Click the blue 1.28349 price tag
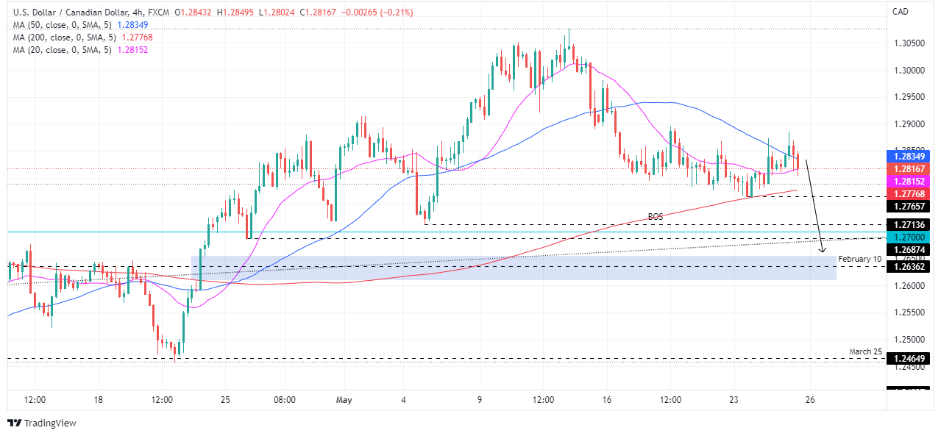point(911,156)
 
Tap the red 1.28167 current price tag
point(911,168)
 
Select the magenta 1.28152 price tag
point(911,181)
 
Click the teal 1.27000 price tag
point(911,237)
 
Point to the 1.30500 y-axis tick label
point(909,43)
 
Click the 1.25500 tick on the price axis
point(909,312)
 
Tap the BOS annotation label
point(656,217)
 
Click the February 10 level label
point(859,260)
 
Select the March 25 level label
point(865,351)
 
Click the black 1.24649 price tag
point(911,359)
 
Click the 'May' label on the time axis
point(344,400)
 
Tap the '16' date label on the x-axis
point(606,400)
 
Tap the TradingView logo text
point(50,423)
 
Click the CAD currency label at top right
point(901,11)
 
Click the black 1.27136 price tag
point(911,224)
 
